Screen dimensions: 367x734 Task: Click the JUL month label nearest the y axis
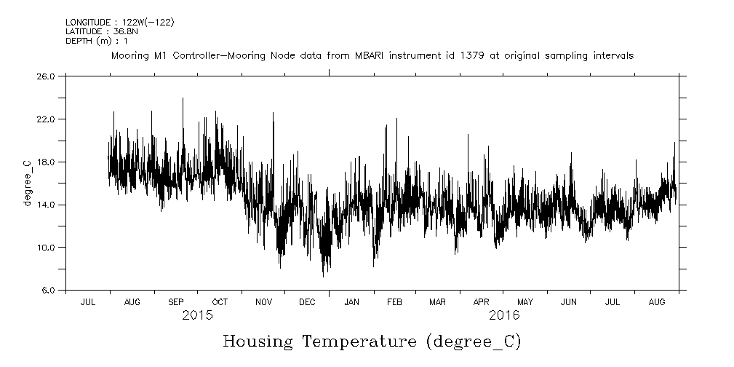pos(88,301)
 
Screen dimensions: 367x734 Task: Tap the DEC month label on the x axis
pos(307,301)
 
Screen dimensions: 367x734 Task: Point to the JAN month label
pos(351,301)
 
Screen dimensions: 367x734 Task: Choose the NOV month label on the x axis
pos(263,301)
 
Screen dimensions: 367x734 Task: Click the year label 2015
pos(197,315)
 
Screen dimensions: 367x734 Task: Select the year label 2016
pos(503,315)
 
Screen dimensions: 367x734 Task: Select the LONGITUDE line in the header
pos(119,23)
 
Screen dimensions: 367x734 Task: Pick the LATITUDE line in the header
pos(102,31)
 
